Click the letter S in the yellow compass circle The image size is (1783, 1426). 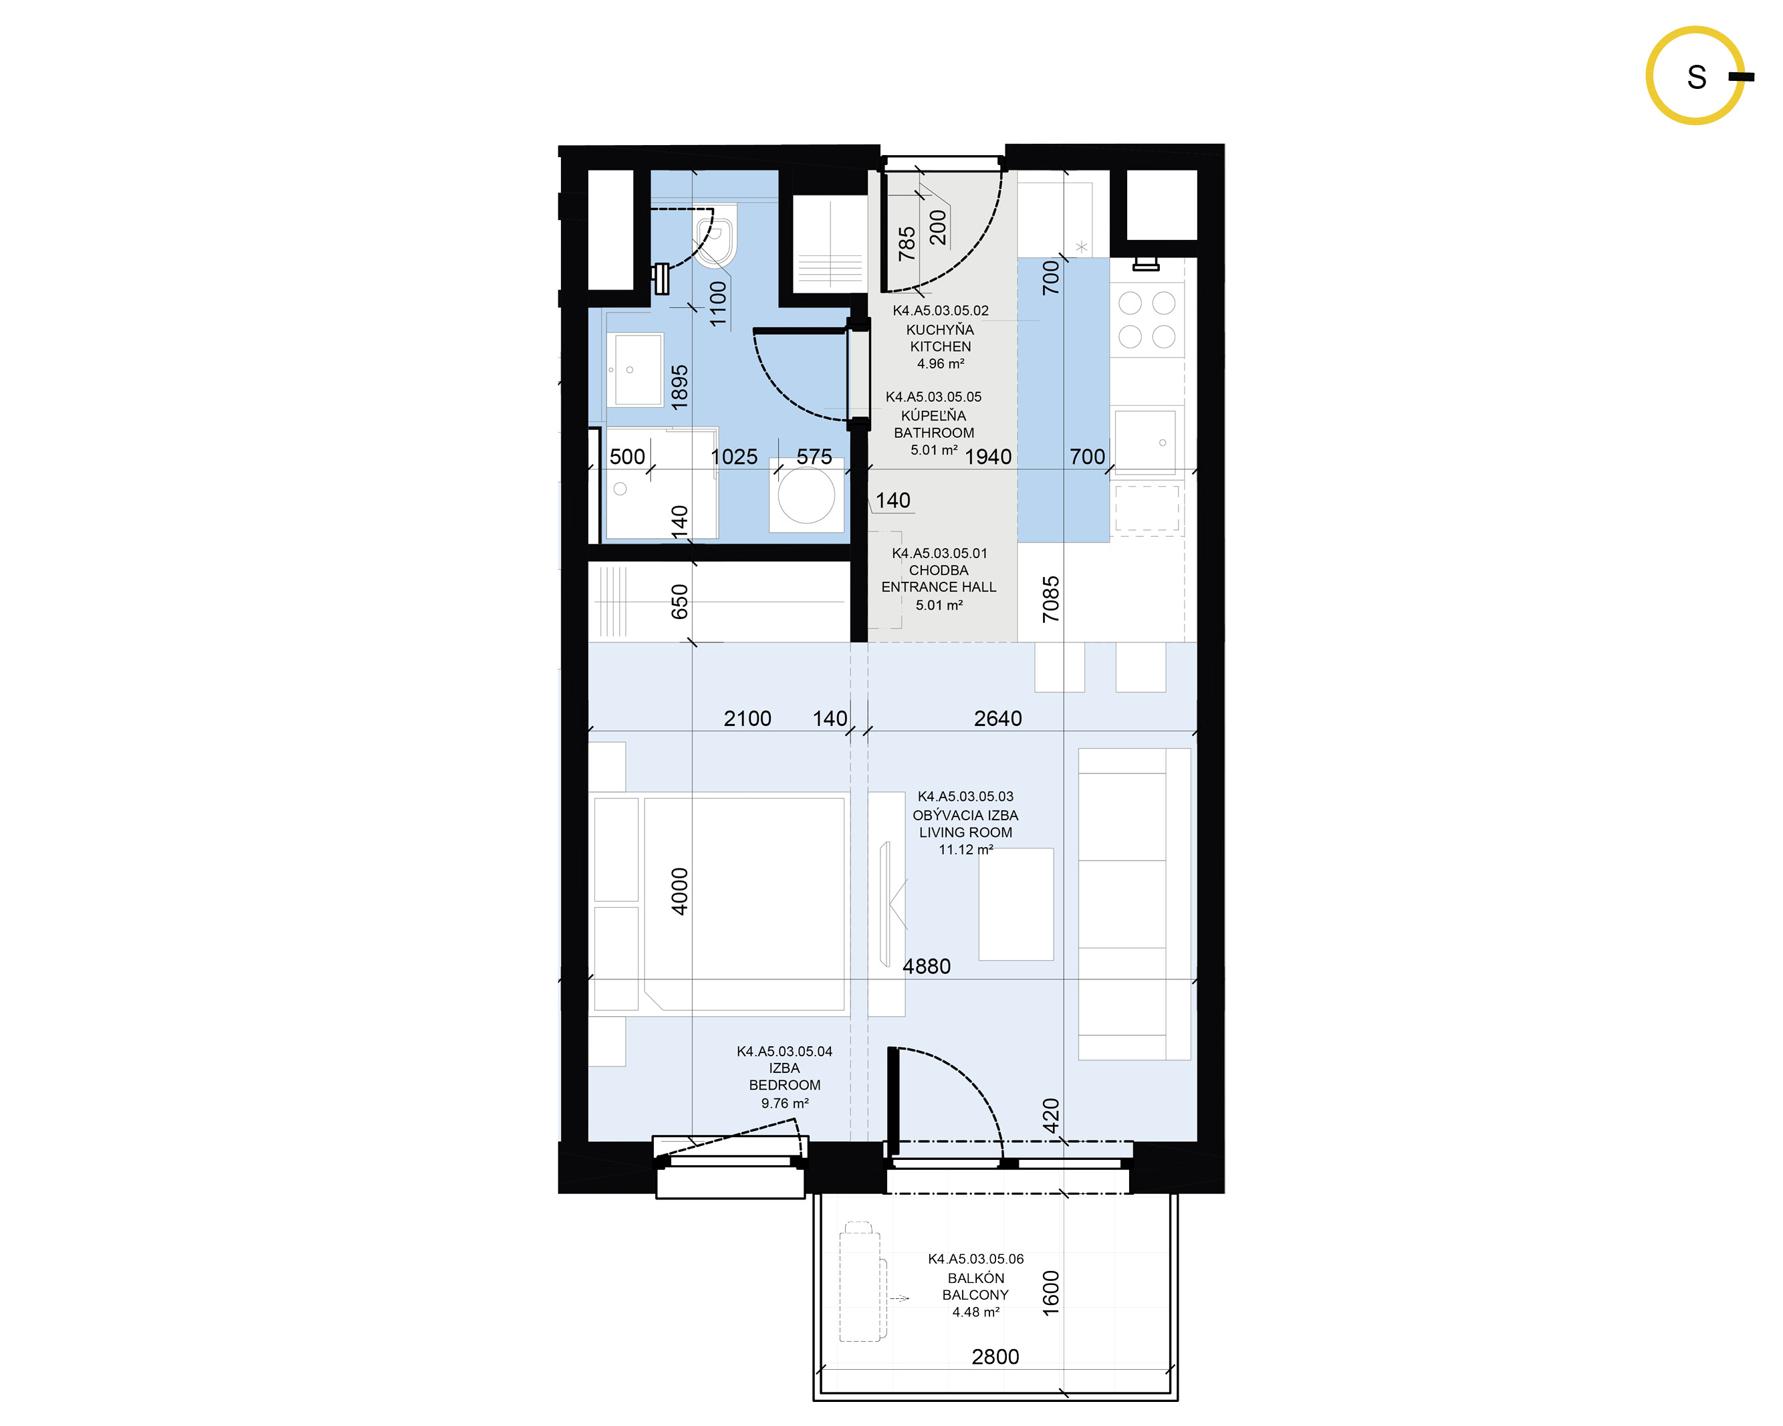click(1696, 77)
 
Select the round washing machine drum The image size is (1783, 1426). click(806, 495)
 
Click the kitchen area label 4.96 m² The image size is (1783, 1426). click(940, 364)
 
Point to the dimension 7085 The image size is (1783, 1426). click(1050, 599)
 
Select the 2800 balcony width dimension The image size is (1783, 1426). click(995, 1356)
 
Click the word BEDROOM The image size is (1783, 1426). click(785, 1085)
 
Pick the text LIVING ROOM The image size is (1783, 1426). click(965, 832)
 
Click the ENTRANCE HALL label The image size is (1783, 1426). click(939, 587)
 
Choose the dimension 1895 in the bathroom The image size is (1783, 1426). click(679, 387)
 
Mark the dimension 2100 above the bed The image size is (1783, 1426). click(747, 719)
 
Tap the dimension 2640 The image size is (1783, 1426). click(997, 719)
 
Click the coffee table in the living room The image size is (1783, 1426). click(1016, 904)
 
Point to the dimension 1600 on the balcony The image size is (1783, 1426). click(1050, 1293)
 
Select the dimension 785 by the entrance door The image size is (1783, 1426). click(907, 243)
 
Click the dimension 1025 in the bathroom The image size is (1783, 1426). click(733, 457)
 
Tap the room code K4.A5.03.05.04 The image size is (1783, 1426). click(785, 1052)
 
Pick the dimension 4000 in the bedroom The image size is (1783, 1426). click(679, 892)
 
